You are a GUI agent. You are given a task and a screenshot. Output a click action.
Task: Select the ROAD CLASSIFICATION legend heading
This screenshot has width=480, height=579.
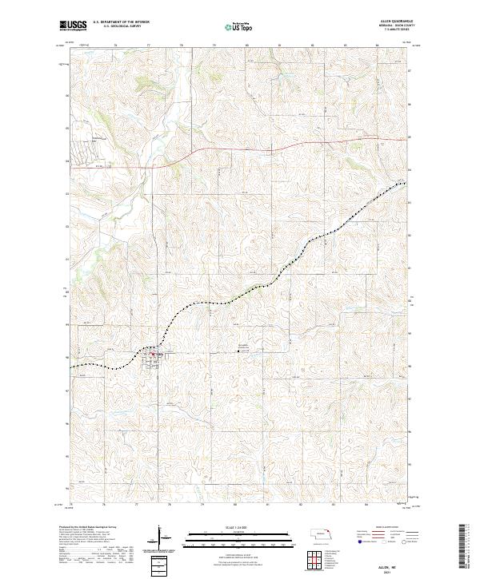point(380,528)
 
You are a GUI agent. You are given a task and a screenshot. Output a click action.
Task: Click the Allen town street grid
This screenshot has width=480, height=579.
point(151,359)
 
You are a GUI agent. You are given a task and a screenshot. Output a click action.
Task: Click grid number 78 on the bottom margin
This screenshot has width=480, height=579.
point(169,505)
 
